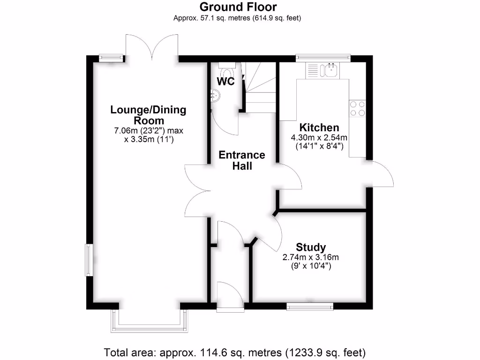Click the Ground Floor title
pyautogui.click(x=238, y=7)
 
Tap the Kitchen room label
pyautogui.click(x=319, y=127)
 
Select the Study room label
pyautogui.click(x=311, y=247)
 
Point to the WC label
pyautogui.click(x=225, y=81)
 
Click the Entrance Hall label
pyautogui.click(x=242, y=160)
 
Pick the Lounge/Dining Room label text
pyautogui.click(x=148, y=115)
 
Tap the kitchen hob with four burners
pyautogui.click(x=358, y=109)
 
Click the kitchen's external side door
pyautogui.click(x=381, y=173)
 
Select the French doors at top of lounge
pyautogui.click(x=151, y=47)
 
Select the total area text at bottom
pyautogui.click(x=235, y=352)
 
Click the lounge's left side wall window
pyautogui.click(x=88, y=260)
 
